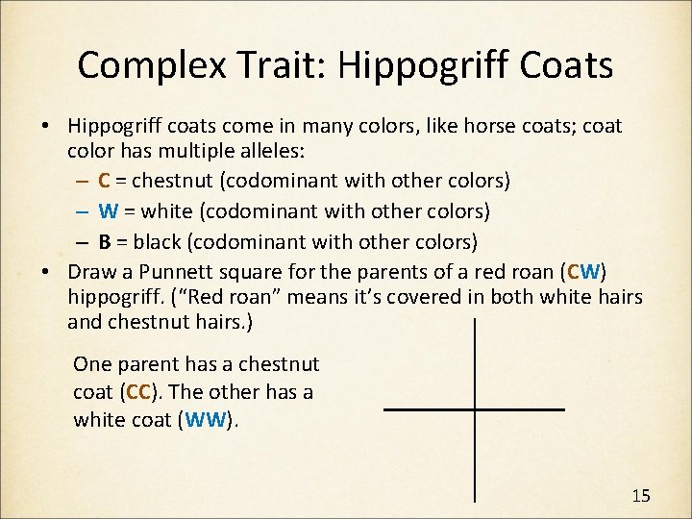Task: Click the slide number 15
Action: [641, 496]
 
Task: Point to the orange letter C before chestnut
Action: [104, 181]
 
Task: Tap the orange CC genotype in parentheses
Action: [139, 393]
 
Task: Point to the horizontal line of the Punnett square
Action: [474, 410]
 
